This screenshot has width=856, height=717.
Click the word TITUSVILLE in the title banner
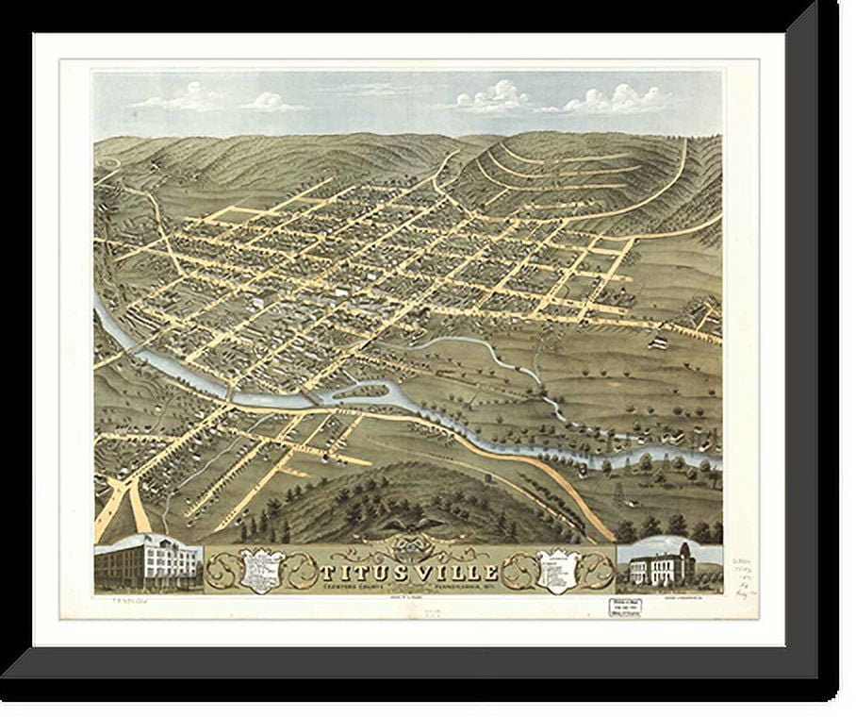click(411, 572)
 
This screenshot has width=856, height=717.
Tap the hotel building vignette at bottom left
click(148, 564)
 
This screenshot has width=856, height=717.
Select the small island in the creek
click(367, 390)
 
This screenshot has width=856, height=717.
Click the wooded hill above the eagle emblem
click(415, 491)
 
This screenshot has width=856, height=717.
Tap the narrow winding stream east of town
click(490, 353)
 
